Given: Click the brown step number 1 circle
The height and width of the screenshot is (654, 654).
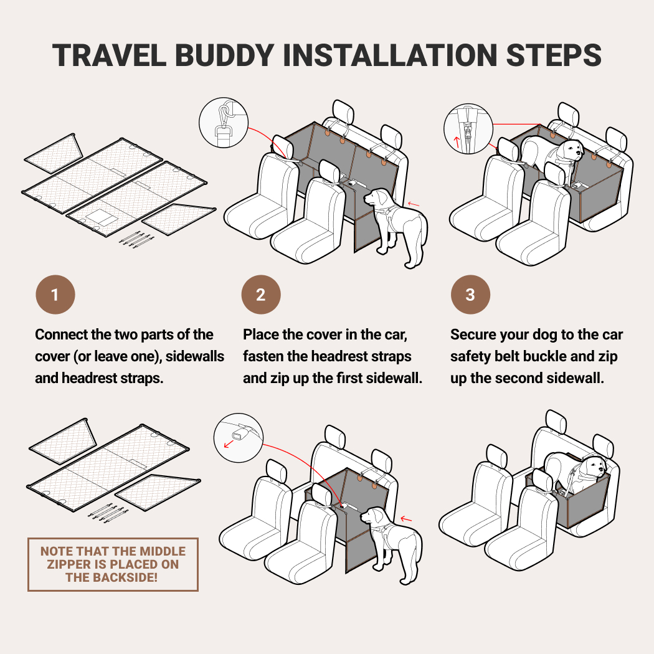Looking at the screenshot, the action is tap(55, 295).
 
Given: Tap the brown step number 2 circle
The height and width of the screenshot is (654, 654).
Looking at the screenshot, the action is tap(261, 295).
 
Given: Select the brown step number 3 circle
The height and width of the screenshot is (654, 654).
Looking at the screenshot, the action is tap(470, 295).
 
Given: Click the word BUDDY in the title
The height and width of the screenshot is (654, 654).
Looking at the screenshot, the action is tap(224, 55).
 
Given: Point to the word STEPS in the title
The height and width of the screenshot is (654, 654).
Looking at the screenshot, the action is tap(554, 55).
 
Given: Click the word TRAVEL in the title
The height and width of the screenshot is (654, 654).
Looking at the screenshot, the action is tap(109, 55).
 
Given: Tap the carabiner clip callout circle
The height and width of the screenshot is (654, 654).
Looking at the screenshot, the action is tap(224, 123).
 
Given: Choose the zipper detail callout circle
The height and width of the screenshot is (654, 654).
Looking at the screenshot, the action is tap(468, 129).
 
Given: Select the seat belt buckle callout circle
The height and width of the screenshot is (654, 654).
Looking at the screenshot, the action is tap(239, 437).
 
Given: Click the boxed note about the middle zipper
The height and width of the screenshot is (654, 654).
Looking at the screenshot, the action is tap(113, 564).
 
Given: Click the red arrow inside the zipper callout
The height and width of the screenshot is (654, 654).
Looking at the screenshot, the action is tap(457, 142).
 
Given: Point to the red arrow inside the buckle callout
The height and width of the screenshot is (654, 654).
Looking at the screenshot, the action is tap(229, 444).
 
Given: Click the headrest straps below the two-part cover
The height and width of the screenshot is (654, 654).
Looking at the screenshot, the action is tap(137, 238).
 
